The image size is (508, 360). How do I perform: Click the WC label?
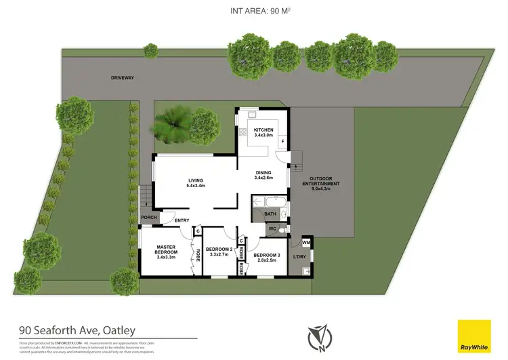[x=272, y=229]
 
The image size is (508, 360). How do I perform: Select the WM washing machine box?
[x=305, y=243]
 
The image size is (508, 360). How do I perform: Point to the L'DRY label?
[x=299, y=258]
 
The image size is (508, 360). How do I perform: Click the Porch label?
[x=149, y=218]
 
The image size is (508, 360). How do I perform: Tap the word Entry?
[x=182, y=220]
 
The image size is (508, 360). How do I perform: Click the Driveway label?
[x=123, y=78]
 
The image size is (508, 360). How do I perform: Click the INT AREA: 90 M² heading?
[x=253, y=10]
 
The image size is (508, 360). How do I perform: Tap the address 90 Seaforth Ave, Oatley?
[x=77, y=330]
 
